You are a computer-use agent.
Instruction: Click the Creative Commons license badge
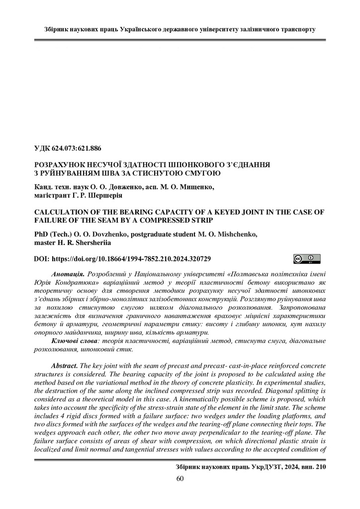click(306, 258)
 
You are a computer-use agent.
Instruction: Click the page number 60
click(180, 479)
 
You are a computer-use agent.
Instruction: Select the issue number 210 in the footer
click(321, 468)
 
